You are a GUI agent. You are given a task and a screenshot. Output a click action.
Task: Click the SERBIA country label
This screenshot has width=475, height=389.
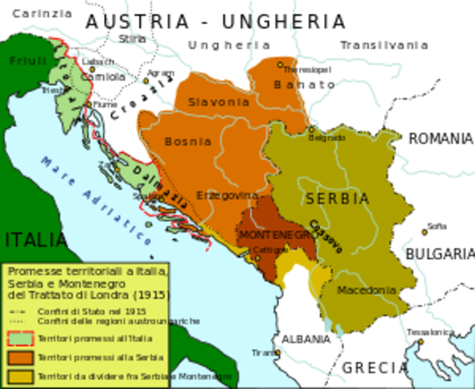[336, 199]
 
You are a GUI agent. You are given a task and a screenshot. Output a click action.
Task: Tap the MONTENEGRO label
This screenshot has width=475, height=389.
[275, 234]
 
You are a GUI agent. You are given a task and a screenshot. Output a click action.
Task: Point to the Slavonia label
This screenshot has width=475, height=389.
[218, 103]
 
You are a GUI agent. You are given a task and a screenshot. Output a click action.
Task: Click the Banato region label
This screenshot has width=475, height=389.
[304, 84]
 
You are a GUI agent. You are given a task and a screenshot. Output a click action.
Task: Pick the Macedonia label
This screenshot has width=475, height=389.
[366, 290]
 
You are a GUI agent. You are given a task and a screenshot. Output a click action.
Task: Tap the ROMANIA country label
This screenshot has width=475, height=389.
[440, 139]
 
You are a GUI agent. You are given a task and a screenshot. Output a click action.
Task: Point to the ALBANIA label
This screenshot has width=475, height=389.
[301, 339]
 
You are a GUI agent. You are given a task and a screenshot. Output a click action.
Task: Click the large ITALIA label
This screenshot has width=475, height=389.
[35, 240]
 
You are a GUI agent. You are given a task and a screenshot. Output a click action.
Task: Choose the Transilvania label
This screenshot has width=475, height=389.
[384, 45]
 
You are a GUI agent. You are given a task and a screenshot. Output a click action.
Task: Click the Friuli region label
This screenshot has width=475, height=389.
[28, 61]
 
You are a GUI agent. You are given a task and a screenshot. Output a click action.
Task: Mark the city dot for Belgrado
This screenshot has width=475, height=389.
[311, 129]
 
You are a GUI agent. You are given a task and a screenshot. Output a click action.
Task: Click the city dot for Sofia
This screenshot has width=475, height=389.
[424, 233]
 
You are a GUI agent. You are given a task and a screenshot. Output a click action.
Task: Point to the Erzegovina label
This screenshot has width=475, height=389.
[227, 195]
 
